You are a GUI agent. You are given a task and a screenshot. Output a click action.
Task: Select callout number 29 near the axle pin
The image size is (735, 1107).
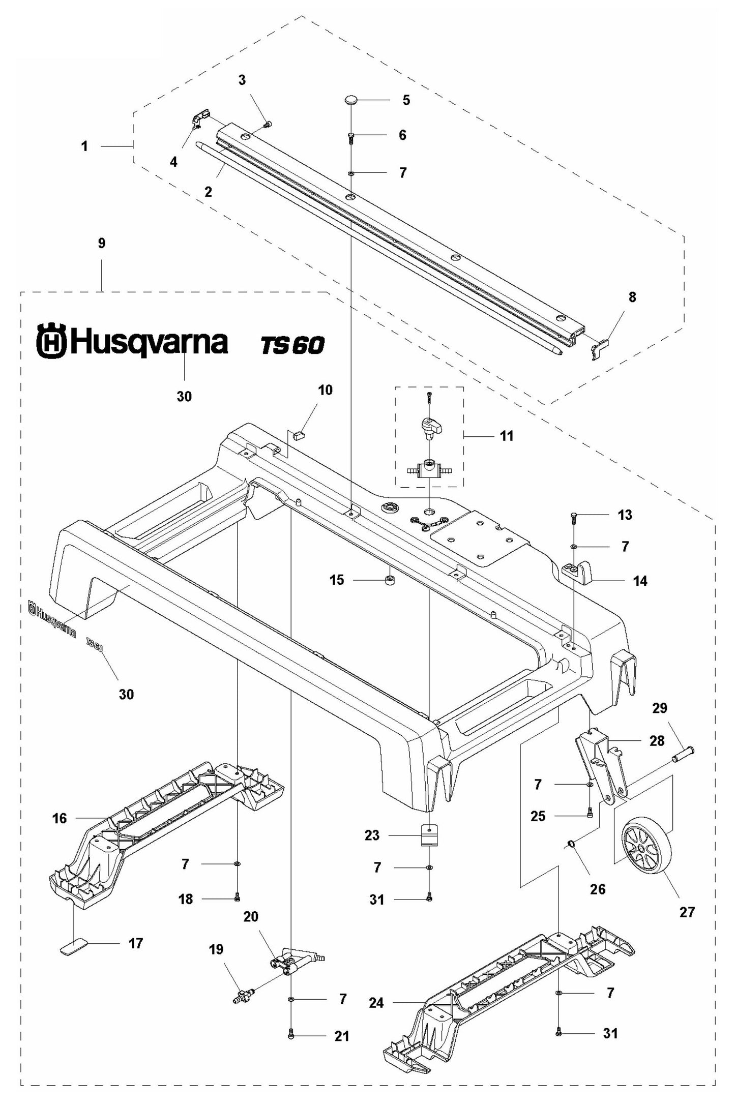click(x=659, y=708)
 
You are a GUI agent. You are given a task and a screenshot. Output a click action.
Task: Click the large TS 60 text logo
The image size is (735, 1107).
click(x=292, y=345)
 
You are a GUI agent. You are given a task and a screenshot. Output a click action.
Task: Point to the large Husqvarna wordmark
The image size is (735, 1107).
click(x=132, y=342)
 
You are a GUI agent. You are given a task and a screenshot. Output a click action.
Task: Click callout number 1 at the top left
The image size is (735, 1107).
click(x=84, y=146)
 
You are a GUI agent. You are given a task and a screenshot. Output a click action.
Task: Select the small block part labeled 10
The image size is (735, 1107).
click(x=299, y=434)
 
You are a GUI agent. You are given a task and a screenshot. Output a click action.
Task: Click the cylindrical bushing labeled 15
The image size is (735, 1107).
click(x=391, y=580)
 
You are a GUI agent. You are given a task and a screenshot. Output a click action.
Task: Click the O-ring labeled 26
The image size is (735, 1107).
click(x=571, y=845)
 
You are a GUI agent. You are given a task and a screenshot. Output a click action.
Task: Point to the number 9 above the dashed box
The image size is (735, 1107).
click(x=102, y=244)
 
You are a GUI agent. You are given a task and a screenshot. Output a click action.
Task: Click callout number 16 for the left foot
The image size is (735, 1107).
click(x=60, y=818)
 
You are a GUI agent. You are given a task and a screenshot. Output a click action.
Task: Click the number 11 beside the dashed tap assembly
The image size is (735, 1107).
click(x=507, y=436)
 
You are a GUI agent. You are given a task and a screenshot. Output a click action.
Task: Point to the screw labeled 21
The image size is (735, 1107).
click(x=291, y=1036)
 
